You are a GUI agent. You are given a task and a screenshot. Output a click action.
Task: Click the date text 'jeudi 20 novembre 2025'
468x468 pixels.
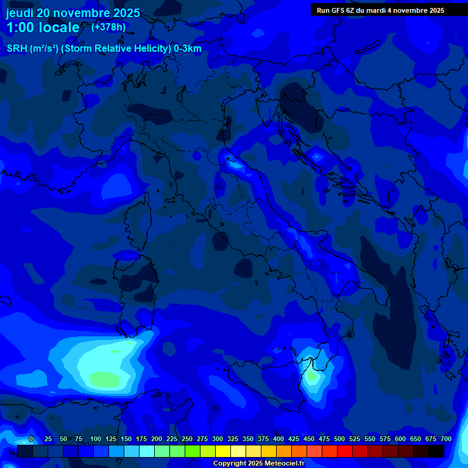click(73, 13)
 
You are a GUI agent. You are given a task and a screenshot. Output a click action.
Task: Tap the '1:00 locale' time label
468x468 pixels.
click(43, 27)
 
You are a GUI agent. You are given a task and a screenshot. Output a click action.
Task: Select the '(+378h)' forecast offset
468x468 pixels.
click(108, 27)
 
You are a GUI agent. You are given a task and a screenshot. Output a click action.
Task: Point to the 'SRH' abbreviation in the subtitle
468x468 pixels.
click(16, 49)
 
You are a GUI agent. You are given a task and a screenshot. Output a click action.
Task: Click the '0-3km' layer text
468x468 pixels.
click(187, 49)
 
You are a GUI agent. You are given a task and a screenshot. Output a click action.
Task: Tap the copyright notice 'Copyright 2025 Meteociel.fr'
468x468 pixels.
click(258, 463)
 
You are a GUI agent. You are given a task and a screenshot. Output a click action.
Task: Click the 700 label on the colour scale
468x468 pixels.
click(445, 439)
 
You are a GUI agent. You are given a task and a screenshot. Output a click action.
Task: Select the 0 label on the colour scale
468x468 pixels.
click(31, 439)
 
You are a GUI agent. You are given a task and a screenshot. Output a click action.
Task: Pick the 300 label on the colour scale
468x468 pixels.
click(218, 439)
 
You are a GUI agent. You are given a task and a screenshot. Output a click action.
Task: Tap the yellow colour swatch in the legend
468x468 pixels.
click(223, 452)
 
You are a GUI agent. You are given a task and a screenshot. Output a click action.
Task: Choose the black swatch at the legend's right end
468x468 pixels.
click(436, 452)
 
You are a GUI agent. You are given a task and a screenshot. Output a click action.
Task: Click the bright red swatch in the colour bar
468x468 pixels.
click(345, 452)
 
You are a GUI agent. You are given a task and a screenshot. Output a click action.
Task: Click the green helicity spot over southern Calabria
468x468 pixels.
click(312, 376)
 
